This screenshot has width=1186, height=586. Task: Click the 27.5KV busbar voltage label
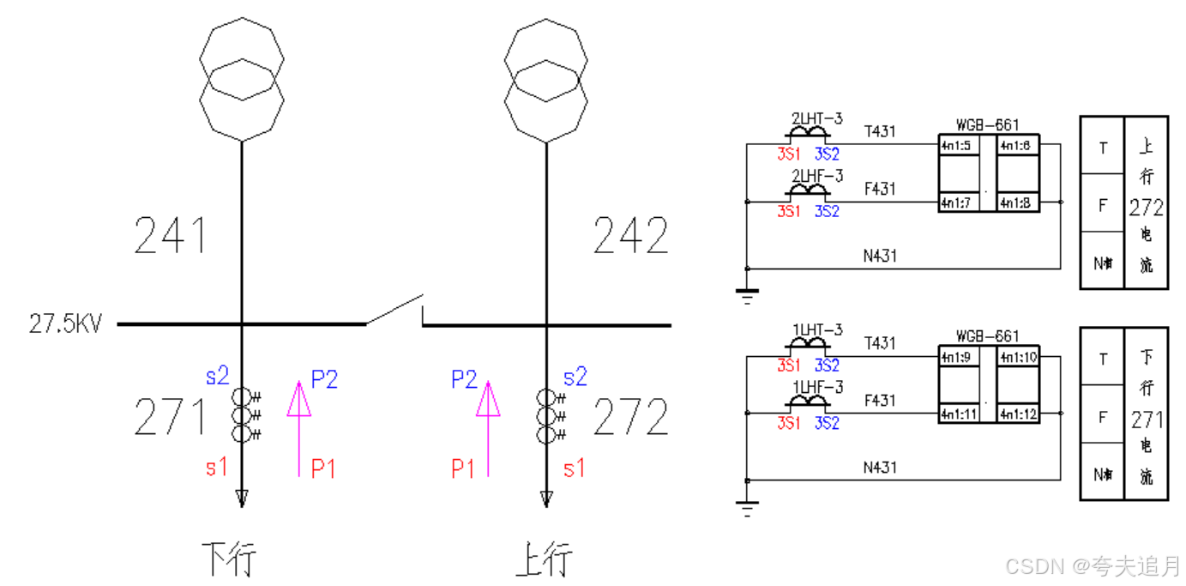(x=65, y=324)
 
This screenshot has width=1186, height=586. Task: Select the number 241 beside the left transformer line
(x=171, y=236)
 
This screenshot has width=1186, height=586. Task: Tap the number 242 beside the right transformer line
(x=630, y=236)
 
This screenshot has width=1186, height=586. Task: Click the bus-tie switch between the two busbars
(x=395, y=311)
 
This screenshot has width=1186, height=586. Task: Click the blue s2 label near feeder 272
(x=575, y=377)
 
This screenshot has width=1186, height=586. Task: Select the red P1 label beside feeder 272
(x=463, y=468)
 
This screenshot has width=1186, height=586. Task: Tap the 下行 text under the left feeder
(x=228, y=559)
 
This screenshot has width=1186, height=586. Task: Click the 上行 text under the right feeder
(x=543, y=559)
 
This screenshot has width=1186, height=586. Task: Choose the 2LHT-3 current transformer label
(x=816, y=118)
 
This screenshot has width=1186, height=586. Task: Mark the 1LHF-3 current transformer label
(x=816, y=388)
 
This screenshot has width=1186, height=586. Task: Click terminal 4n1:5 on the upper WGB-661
(x=955, y=146)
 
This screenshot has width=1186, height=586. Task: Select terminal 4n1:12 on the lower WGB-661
(x=1018, y=415)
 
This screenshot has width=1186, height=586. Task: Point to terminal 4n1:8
(x=1018, y=203)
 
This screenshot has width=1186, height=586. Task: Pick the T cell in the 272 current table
(x=1102, y=146)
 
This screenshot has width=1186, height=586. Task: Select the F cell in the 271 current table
(x=1102, y=415)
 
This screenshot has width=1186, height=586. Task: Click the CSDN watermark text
(x=1093, y=566)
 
